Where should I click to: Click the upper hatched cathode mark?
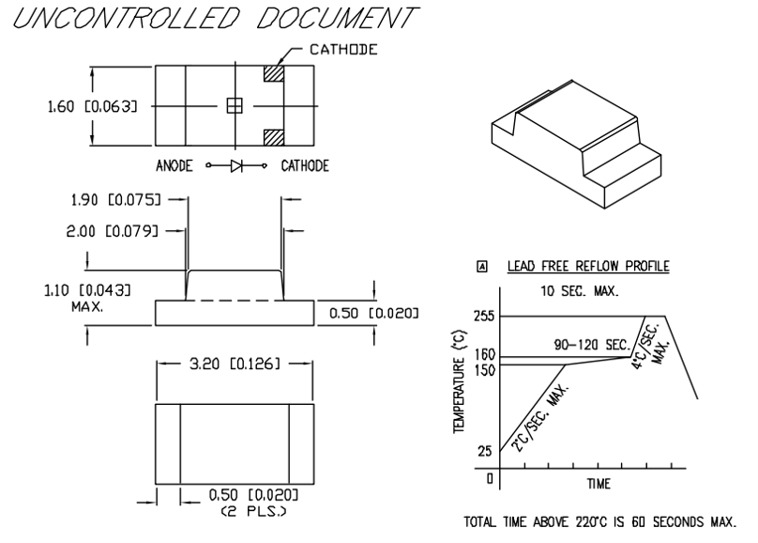pos(274,72)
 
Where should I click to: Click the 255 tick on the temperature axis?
pos(485,317)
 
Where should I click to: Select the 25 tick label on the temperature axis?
pos(485,451)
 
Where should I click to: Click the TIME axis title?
pos(598,485)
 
